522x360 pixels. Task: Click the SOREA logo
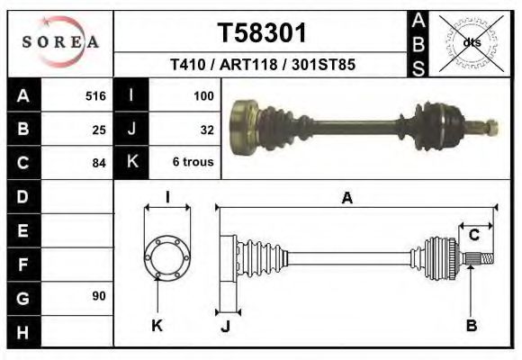[x=60, y=42]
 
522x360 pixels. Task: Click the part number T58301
[x=262, y=33]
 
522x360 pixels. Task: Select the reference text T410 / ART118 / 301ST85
[x=262, y=65]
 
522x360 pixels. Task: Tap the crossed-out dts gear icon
[x=469, y=41]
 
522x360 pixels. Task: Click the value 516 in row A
[x=95, y=95]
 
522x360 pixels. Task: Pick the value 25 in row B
[x=99, y=129]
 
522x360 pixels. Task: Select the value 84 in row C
[x=99, y=163]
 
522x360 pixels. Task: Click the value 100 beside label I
[x=202, y=95]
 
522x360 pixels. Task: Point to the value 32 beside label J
[x=206, y=129]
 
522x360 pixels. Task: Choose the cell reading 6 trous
[x=193, y=163]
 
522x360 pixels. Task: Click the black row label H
[x=23, y=330]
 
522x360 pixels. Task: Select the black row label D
[x=23, y=195]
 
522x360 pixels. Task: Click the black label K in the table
[x=132, y=162]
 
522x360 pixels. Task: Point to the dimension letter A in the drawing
[x=346, y=199]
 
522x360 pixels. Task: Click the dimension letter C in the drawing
[x=473, y=235]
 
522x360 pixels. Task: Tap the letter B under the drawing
[x=471, y=326]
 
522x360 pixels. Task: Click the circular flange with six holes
[x=167, y=256]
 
